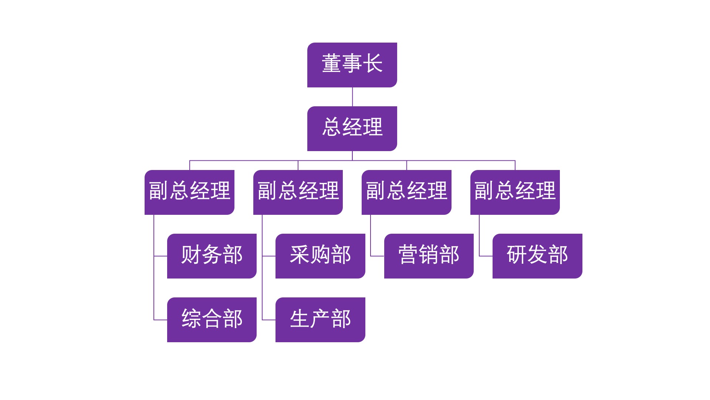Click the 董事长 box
[x=352, y=65]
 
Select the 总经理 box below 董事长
[x=352, y=129]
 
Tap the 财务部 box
[x=212, y=256]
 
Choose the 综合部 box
[x=212, y=320]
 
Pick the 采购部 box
[x=320, y=256]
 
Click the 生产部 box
[x=320, y=320]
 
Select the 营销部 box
[x=429, y=256]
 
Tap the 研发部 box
[x=537, y=256]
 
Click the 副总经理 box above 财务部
[x=189, y=192]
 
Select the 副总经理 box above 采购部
[x=298, y=192]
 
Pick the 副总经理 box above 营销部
[x=406, y=192]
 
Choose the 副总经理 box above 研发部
[x=515, y=192]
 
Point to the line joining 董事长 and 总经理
[x=352, y=97]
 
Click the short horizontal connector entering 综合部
[x=160, y=320]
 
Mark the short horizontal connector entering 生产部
[x=269, y=320]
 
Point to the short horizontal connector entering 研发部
[x=486, y=256]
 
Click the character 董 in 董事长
[x=331, y=63]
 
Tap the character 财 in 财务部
[x=191, y=254]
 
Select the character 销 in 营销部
[x=429, y=254]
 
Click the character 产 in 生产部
[x=320, y=319]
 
